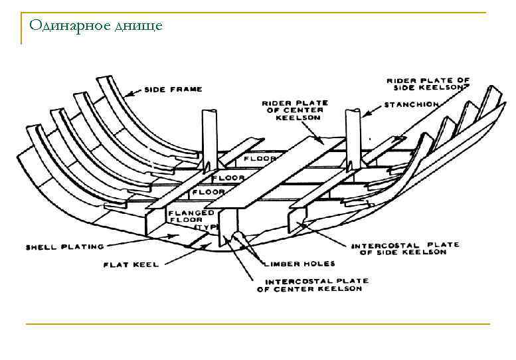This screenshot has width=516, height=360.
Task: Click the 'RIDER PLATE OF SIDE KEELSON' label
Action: click(428, 84)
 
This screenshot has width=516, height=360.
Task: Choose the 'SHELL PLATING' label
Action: click(64, 247)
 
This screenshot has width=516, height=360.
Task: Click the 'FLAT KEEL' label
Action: click(131, 264)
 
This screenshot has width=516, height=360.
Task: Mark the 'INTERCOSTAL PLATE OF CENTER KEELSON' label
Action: click(312, 285)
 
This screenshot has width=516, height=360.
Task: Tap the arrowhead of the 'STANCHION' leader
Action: click(365, 114)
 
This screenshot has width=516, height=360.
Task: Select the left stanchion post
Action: click(207, 139)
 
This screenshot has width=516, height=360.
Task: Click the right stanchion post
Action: click(351, 139)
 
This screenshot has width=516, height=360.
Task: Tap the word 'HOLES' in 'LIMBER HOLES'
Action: click(310, 264)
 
